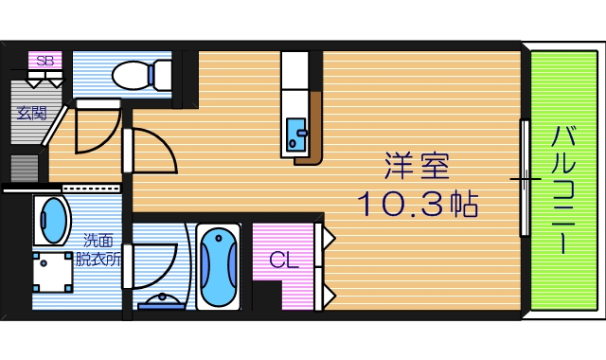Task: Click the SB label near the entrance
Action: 44,60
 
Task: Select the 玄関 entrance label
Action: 31,113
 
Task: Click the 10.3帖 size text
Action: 417,204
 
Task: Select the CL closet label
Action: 282,260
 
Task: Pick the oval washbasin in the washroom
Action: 54,221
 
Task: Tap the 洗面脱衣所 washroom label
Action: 99,249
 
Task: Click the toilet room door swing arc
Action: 98,128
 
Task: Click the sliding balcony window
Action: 524,177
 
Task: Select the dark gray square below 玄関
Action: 24,168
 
